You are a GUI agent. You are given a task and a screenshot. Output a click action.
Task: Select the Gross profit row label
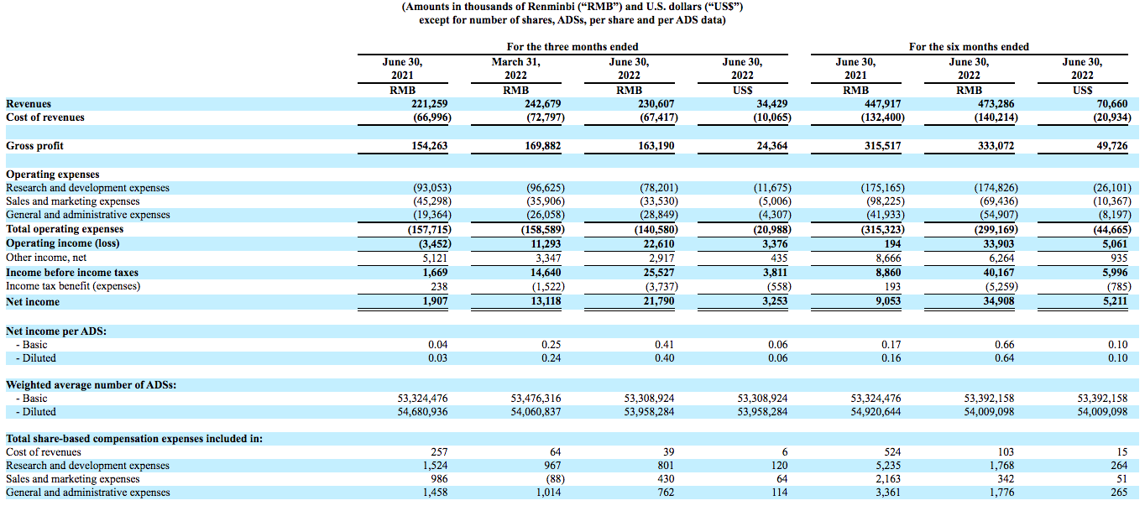(34, 146)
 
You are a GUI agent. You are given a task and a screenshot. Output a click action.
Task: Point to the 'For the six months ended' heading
(969, 47)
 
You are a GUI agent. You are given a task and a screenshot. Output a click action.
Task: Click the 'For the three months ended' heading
(572, 47)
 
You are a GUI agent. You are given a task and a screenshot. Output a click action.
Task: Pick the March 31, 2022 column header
(515, 68)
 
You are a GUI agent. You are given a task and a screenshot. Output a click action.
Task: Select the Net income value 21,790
(657, 301)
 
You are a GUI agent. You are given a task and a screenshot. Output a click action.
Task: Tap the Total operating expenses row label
(65, 229)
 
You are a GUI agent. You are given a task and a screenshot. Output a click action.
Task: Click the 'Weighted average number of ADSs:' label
(85, 385)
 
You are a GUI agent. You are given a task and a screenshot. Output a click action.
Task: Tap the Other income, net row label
(46, 258)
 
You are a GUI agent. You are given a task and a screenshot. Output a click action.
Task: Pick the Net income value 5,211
(1115, 301)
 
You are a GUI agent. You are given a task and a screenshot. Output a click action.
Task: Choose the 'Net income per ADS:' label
(56, 331)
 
